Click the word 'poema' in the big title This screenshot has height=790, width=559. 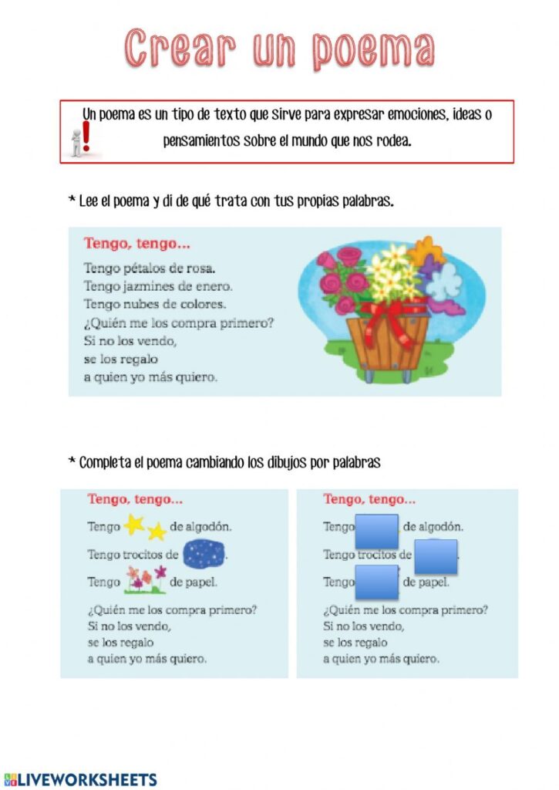tap(373, 49)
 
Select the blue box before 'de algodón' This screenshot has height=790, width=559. tap(377, 531)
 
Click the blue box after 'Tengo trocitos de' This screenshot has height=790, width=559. tap(436, 556)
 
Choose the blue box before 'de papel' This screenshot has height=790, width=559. tap(377, 582)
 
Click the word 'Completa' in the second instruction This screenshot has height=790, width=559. tap(106, 463)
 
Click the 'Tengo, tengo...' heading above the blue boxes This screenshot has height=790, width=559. tap(370, 499)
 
